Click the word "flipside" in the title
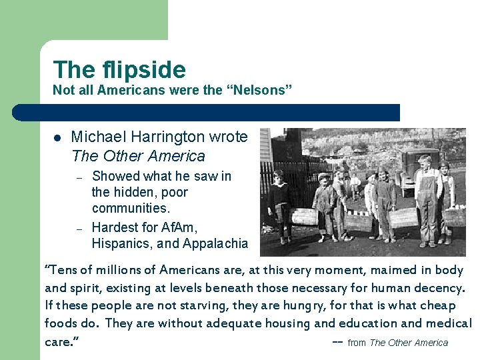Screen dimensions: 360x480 click(x=145, y=69)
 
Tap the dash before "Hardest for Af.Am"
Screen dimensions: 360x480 click(x=79, y=228)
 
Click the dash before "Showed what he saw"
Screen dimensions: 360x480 click(x=79, y=177)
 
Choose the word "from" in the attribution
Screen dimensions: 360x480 click(x=357, y=343)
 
